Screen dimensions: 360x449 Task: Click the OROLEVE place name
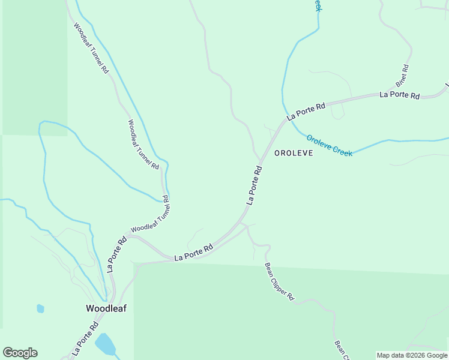pos(294,153)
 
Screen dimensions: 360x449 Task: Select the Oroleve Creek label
pos(329,145)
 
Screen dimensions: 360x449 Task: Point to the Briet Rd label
pos(402,75)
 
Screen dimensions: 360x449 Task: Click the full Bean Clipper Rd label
pos(280,281)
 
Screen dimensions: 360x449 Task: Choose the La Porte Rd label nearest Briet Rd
pos(399,95)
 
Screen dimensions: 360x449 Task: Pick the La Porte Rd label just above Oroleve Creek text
pos(306,111)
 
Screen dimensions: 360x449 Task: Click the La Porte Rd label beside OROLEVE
pos(255,186)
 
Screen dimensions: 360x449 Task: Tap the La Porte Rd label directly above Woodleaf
pos(116,254)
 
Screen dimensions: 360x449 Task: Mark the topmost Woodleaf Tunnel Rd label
pos(91,48)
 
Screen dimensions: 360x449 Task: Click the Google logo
pos(20,353)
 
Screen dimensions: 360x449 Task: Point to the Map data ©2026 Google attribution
pos(412,355)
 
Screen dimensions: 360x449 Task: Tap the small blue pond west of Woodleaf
pos(40,308)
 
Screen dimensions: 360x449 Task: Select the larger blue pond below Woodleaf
pos(105,344)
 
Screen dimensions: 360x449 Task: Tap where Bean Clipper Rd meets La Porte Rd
pos(241,223)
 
